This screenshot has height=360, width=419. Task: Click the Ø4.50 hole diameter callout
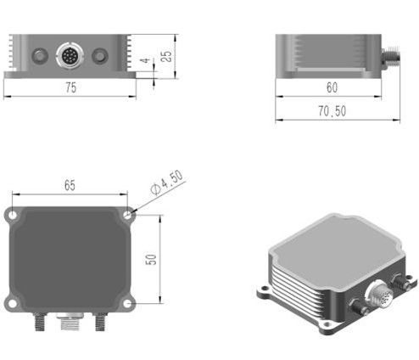coord(166,183)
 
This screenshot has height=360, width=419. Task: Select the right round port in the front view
coord(100,57)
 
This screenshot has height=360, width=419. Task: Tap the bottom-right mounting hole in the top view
coord(127,303)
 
